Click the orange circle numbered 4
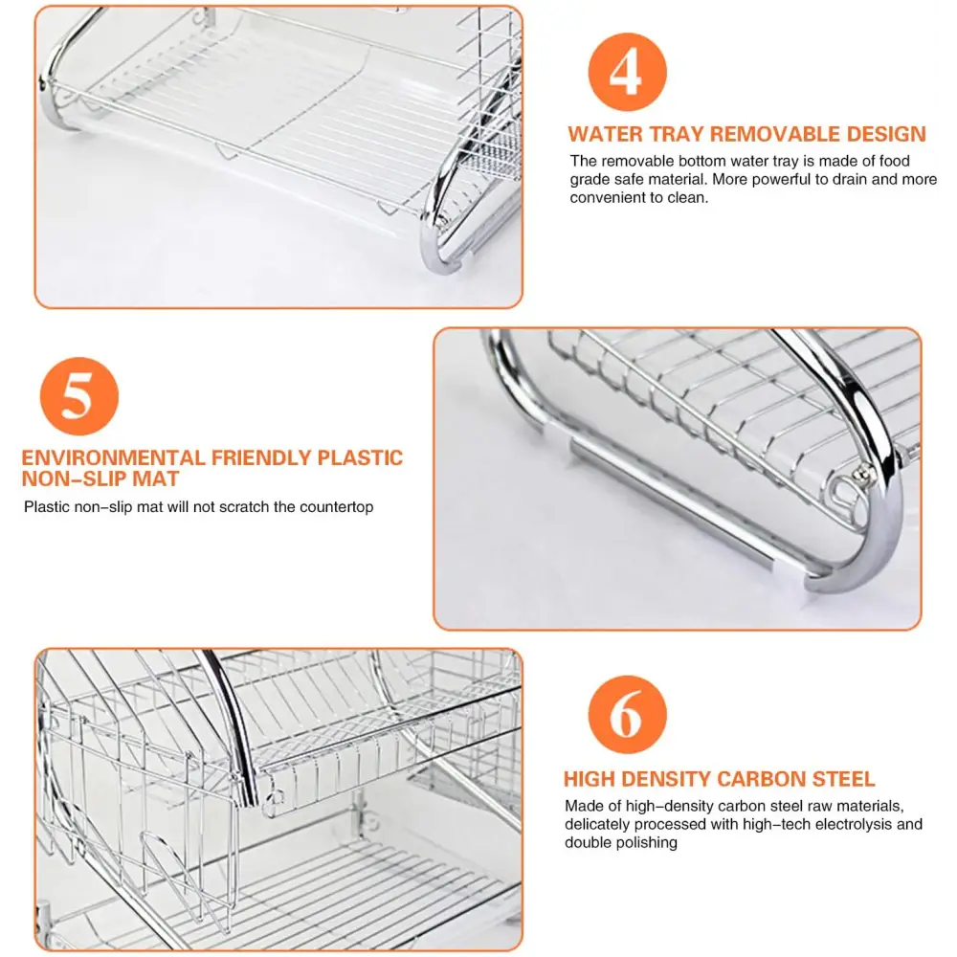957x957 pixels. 627,72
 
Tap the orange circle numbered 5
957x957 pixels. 79,396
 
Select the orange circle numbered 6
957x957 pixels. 627,715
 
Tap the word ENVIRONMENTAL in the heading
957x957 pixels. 113,457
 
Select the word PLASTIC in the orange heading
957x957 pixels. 360,457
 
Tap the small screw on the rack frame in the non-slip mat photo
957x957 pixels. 863,472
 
